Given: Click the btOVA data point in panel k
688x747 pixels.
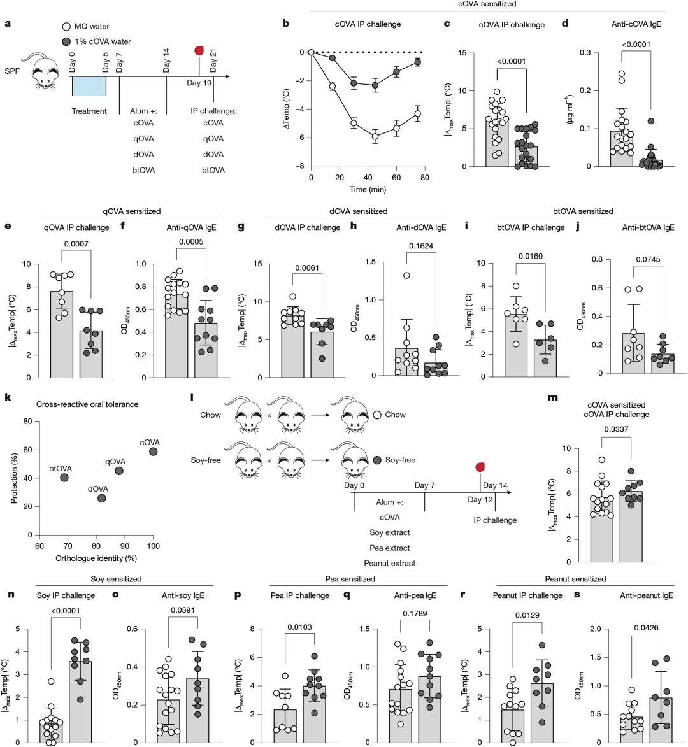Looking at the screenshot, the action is coord(64,478).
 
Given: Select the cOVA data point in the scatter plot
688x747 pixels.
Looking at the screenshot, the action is coord(153,451).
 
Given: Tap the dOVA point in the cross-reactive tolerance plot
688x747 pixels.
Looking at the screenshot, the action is coord(101,498).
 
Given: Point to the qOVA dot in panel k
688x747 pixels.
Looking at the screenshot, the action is coord(119,471).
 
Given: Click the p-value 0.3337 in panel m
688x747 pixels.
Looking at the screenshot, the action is coord(616,429).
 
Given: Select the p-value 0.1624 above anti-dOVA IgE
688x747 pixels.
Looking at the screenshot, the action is coord(421,246).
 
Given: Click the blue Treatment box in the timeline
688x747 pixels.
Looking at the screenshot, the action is coord(89,86).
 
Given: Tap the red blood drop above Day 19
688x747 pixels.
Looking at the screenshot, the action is coord(199,51).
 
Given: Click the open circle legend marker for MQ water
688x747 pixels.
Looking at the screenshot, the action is coord(67,27).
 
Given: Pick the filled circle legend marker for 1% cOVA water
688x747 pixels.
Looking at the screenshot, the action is coord(67,42).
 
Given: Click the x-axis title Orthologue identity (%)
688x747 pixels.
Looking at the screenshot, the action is coord(96,558).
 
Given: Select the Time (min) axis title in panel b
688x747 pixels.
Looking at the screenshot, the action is coord(368,189).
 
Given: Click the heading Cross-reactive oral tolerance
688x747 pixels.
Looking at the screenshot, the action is coord(87,404).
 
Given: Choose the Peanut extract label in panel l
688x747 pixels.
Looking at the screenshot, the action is coord(390,563).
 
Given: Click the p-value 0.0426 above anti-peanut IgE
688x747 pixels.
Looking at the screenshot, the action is coord(646,628).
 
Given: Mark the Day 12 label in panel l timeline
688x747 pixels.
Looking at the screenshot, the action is coord(480,500).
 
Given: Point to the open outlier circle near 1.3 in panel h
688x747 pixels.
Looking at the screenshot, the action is coord(406,275).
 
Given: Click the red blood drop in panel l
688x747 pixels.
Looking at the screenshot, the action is coord(480,467).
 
